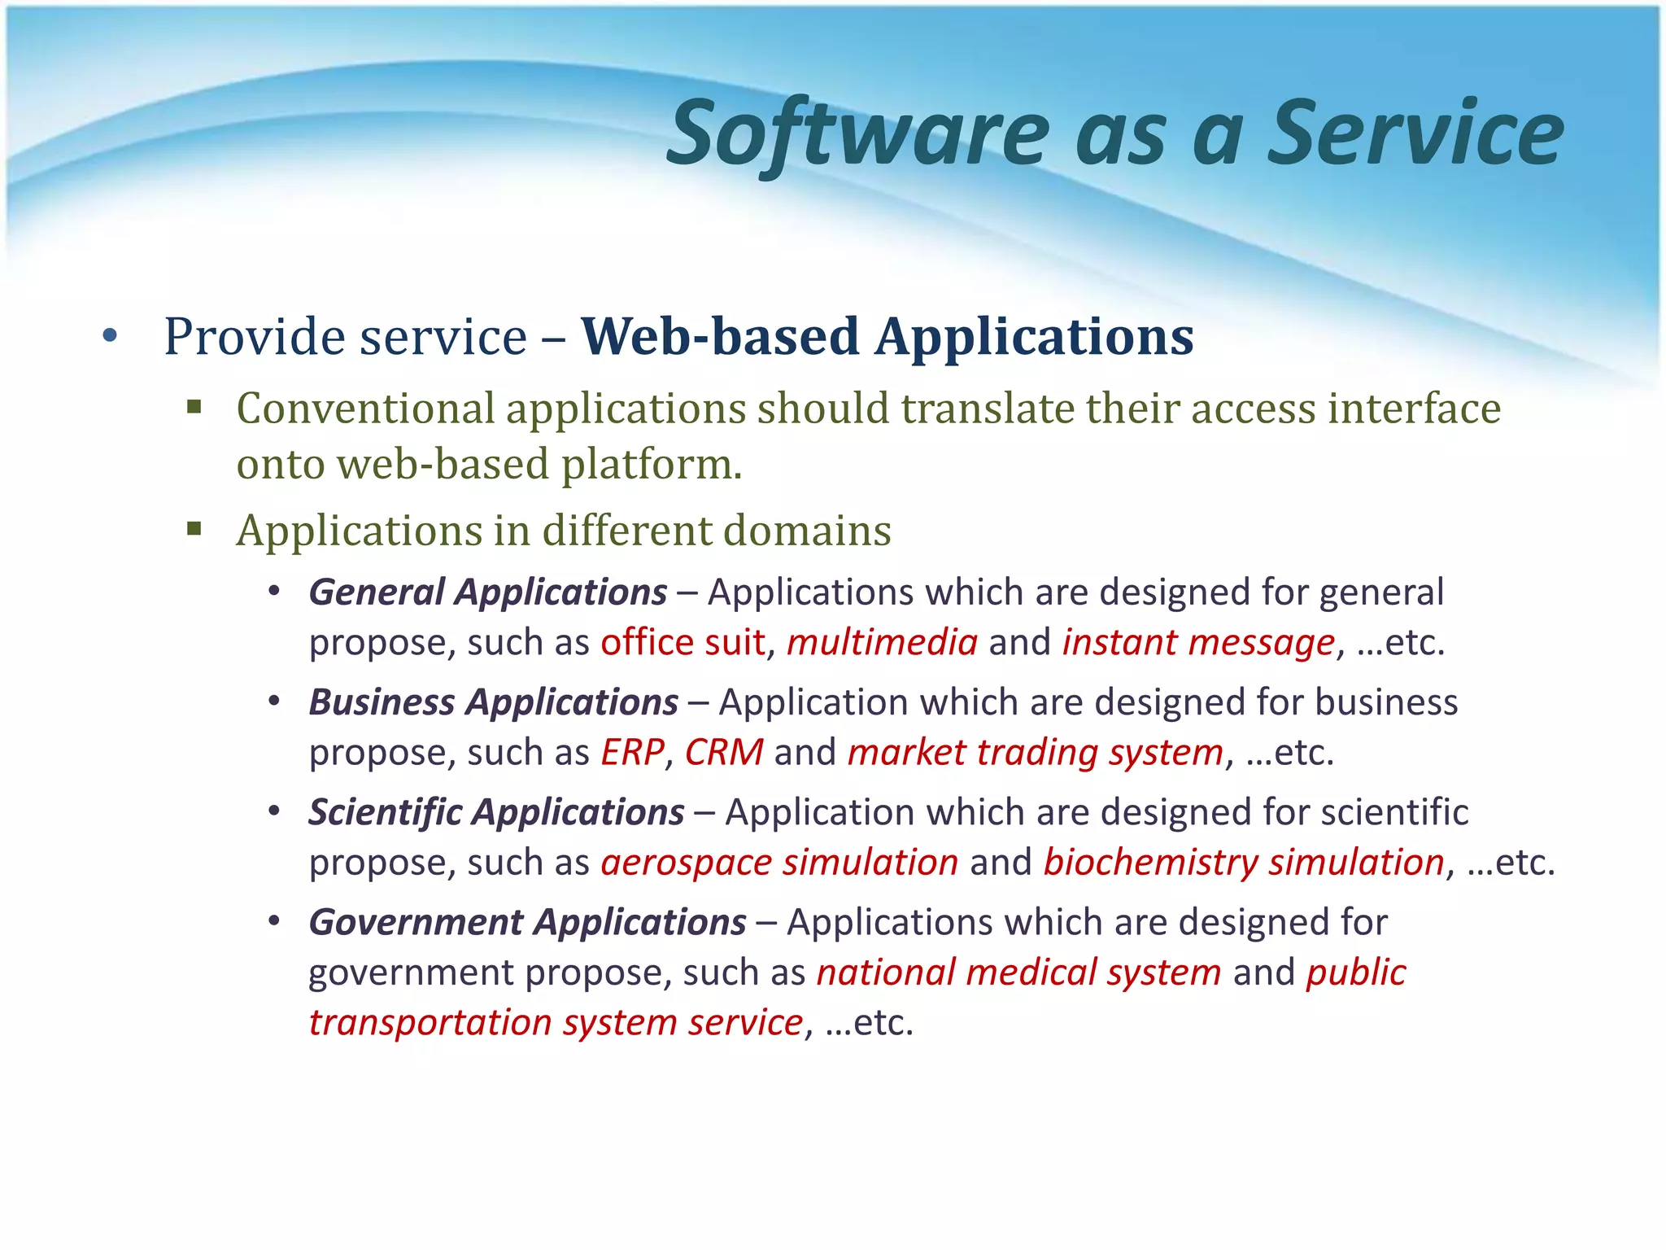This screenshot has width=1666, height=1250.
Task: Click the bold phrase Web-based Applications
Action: (887, 337)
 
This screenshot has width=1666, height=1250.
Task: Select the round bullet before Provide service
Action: (111, 336)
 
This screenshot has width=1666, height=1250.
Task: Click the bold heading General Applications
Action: (488, 592)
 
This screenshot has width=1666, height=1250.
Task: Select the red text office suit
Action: (683, 643)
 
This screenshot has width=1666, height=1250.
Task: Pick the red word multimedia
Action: (882, 643)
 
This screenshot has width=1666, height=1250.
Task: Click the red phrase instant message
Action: (1198, 643)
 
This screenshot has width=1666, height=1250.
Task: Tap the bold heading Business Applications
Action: (493, 702)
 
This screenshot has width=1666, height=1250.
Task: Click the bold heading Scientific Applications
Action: (496, 812)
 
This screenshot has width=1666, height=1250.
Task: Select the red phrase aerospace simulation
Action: (779, 863)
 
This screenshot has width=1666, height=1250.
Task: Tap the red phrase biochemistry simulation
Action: (1243, 863)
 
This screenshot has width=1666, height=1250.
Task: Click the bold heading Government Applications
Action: (527, 923)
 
